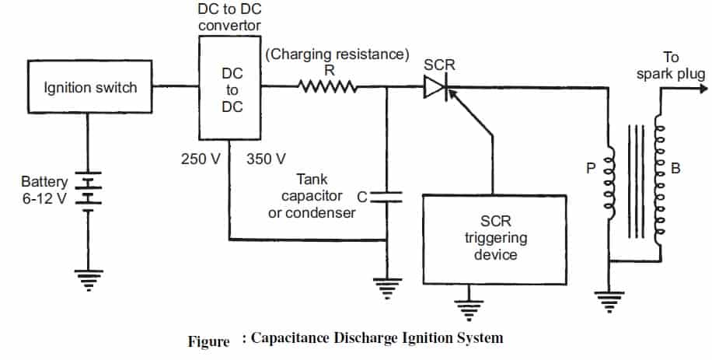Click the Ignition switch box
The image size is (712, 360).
point(90,88)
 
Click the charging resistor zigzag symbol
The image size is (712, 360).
point(328,88)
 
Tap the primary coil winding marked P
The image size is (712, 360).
point(610,187)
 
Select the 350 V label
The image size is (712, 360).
point(267,159)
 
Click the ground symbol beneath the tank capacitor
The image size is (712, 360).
point(386,288)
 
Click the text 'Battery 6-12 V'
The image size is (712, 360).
point(46,190)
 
